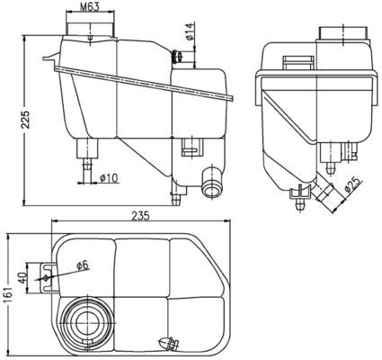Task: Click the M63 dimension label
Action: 88,8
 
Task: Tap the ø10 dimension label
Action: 109,177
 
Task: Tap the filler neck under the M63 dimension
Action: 91,31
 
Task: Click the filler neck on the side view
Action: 343,34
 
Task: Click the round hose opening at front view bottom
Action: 213,187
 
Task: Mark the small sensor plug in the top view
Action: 167,342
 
